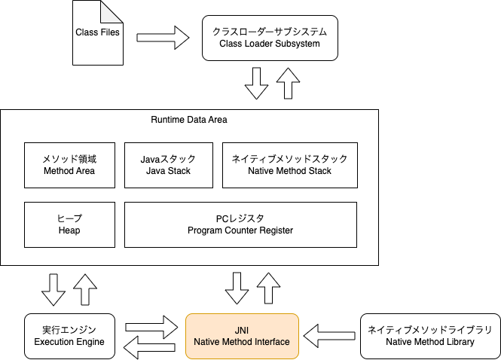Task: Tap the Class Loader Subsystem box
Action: click(270, 38)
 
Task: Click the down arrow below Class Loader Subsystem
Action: click(256, 83)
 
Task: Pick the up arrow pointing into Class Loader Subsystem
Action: click(287, 83)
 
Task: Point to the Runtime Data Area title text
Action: click(188, 120)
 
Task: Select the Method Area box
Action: click(69, 165)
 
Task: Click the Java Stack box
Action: click(168, 165)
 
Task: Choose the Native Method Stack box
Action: click(289, 165)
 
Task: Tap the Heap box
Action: click(69, 224)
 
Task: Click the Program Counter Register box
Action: click(240, 224)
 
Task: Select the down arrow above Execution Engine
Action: click(54, 289)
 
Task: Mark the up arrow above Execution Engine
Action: click(85, 289)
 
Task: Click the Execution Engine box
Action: click(69, 336)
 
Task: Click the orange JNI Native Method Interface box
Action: click(242, 336)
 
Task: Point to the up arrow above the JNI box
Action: click(268, 289)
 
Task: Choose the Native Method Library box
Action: click(429, 336)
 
